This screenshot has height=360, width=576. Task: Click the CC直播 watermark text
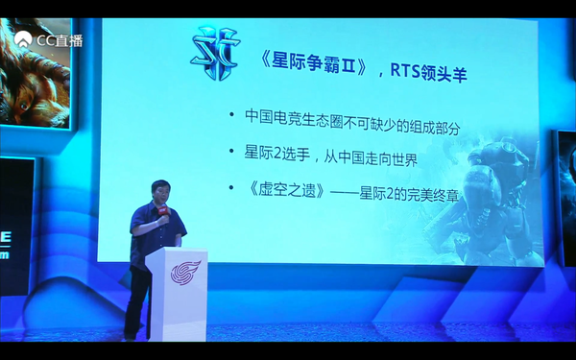[60, 40]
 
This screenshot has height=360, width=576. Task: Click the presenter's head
[158, 190]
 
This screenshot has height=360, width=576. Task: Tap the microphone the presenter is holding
[167, 218]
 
